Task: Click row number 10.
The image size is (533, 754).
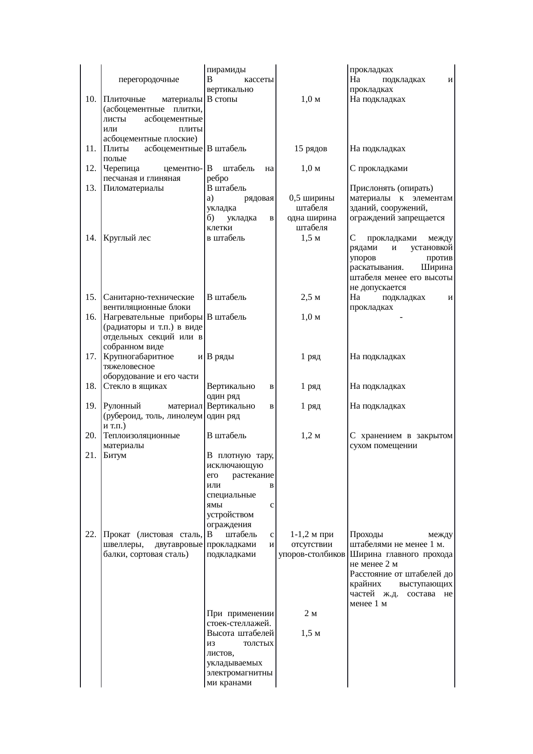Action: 90,99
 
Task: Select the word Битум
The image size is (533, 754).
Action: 115,455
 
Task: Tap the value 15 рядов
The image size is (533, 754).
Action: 311,149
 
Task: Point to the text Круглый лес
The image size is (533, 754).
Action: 127,238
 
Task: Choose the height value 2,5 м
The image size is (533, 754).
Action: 311,297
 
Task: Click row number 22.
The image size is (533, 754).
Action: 90,534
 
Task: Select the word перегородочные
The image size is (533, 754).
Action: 149,79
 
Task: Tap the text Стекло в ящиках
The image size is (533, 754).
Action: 135,386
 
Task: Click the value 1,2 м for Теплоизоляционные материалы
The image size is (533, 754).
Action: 311,436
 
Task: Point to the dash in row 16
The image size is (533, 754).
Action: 401,317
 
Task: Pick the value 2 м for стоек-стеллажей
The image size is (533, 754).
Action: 311,614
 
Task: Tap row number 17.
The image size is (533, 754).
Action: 90,357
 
